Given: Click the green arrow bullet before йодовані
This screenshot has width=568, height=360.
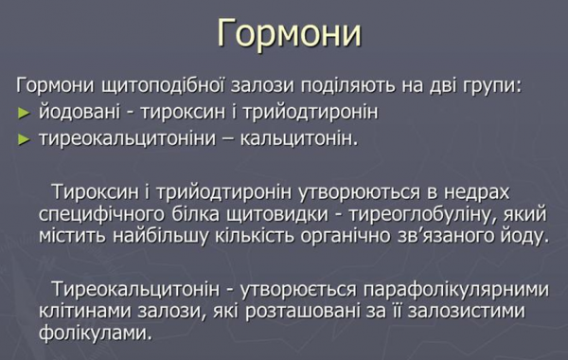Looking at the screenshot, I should (25, 115).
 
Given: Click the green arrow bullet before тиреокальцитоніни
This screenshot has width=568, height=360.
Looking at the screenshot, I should (25, 141).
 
